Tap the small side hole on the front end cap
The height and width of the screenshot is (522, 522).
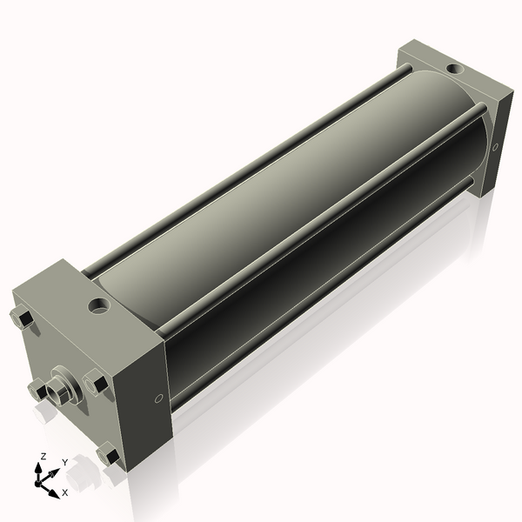coord(157,398)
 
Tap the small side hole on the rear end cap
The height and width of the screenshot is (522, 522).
coord(495,147)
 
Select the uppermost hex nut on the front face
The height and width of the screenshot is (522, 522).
coord(23,318)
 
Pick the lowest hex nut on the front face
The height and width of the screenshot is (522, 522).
coord(109,453)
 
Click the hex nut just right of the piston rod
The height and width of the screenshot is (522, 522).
coord(97,382)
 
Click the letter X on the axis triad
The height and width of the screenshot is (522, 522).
coord(65,492)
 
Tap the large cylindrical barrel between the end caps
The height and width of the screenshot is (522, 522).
coord(287,200)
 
